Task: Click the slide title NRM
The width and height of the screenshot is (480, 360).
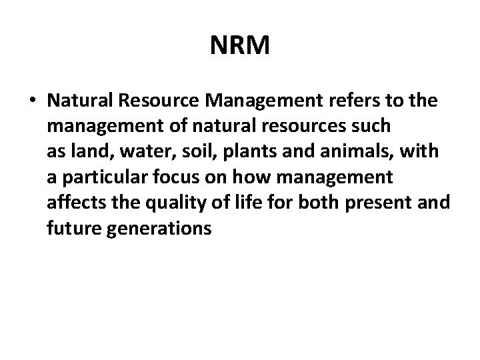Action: click(x=239, y=47)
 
